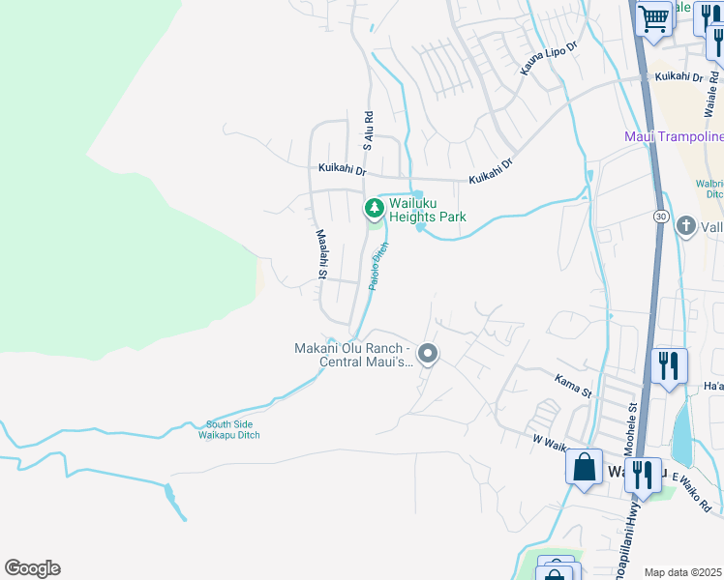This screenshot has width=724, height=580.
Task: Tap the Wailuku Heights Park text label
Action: (428, 210)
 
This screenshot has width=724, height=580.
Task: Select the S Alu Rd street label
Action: (369, 130)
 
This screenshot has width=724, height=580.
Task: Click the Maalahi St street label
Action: (321, 255)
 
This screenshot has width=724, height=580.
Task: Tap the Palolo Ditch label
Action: (378, 266)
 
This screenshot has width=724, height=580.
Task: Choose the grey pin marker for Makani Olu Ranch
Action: (429, 355)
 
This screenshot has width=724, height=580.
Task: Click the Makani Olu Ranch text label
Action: (353, 356)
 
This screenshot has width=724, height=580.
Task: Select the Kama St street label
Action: (573, 387)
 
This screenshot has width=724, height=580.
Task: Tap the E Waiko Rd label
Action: (696, 493)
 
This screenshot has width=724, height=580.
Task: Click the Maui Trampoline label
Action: (672, 137)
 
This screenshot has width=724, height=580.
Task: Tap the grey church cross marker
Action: (686, 227)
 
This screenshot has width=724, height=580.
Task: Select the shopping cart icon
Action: (655, 18)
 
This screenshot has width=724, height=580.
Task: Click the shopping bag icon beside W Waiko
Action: (585, 468)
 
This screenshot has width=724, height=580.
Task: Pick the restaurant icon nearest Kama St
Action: (669, 366)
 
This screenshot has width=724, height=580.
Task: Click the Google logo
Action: (32, 568)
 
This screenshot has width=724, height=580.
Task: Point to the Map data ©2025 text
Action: (683, 572)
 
